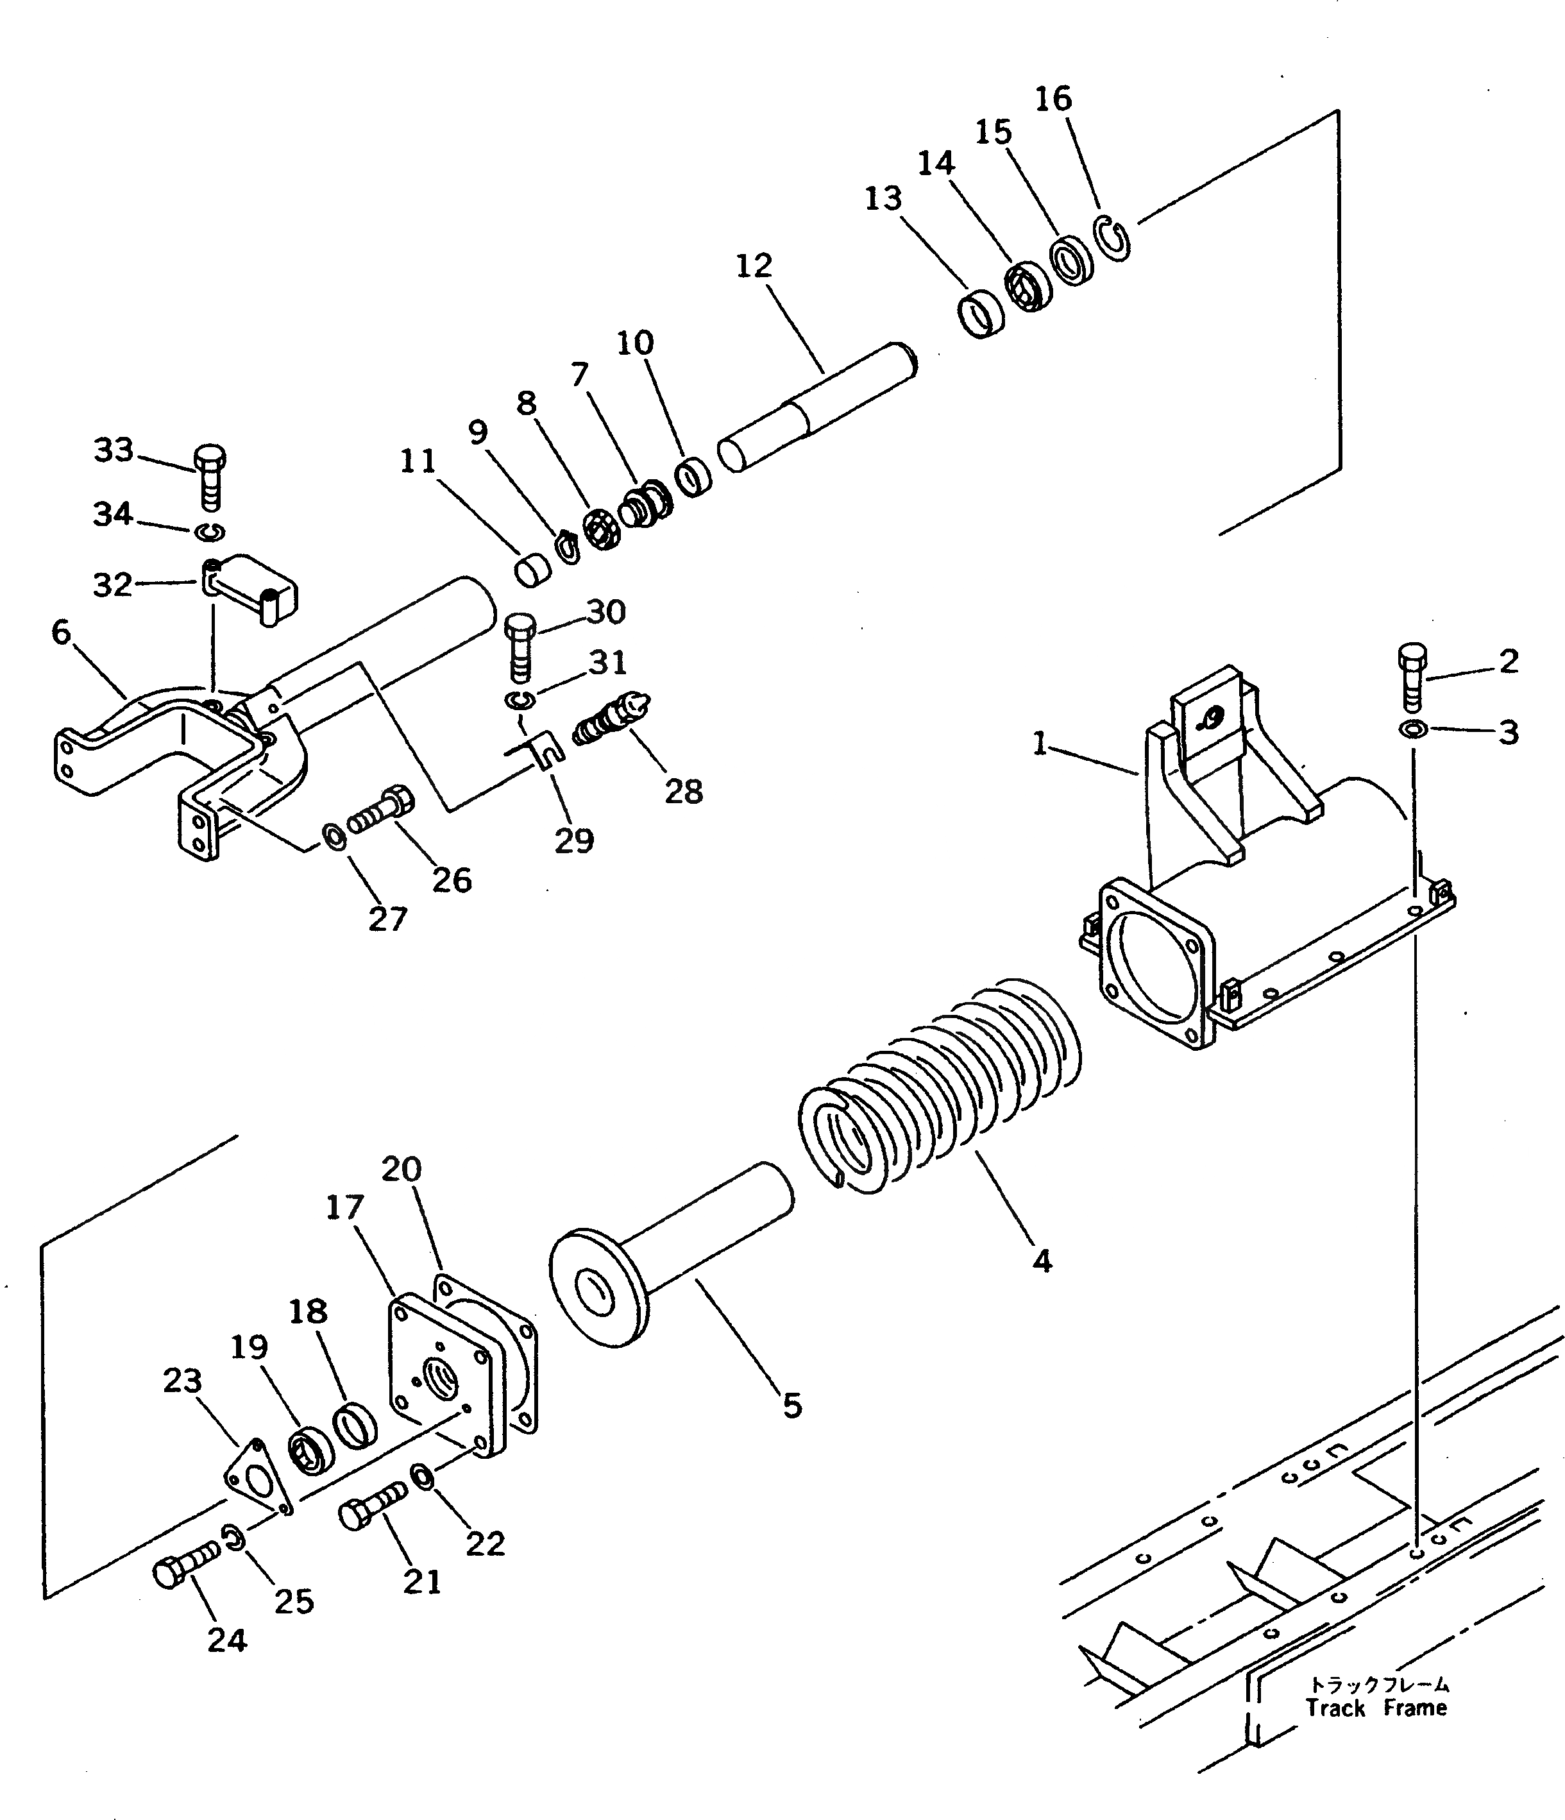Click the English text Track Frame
pyautogui.click(x=1375, y=1708)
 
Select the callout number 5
pyautogui.click(x=792, y=1406)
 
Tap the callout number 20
pyautogui.click(x=402, y=1169)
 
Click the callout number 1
pyautogui.click(x=1040, y=744)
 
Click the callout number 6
pyautogui.click(x=60, y=631)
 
